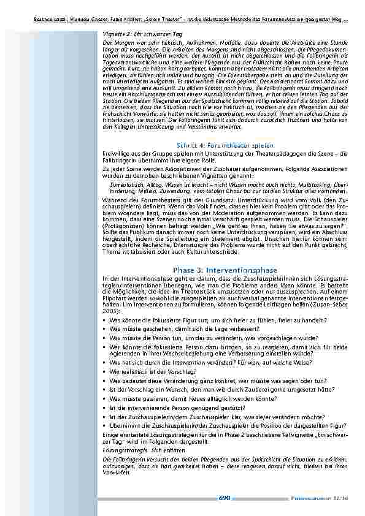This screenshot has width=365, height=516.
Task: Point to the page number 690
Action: click(224, 498)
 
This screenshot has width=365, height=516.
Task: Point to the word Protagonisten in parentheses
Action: click(123, 224)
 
